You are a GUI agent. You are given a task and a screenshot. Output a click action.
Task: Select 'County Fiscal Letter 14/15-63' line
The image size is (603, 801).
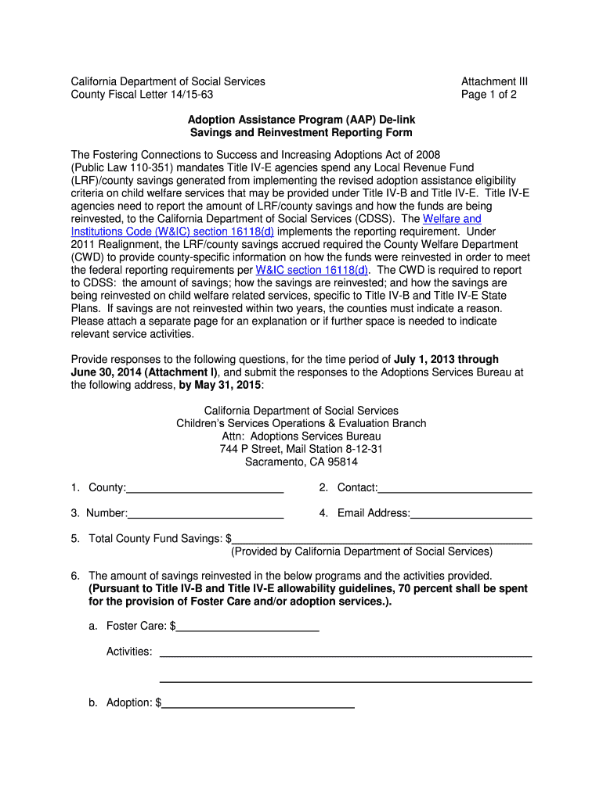coord(142,95)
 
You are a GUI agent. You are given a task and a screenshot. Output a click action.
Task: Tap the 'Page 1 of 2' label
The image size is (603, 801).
coord(489,95)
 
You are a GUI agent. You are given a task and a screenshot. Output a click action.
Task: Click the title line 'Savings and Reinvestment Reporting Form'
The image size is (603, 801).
coord(301,133)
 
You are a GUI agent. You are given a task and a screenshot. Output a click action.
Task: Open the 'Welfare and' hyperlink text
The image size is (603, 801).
coord(452,219)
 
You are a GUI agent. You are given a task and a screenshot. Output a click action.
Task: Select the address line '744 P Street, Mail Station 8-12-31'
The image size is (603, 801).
coord(301,449)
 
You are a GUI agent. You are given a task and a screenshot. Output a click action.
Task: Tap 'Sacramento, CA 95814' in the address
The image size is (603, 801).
coord(301,462)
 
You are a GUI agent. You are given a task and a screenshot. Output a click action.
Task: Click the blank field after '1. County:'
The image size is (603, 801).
coord(205,489)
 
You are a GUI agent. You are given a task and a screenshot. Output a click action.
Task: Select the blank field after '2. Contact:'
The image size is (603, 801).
coord(455,489)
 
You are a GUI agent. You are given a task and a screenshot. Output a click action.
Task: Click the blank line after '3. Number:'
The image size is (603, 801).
coord(206,514)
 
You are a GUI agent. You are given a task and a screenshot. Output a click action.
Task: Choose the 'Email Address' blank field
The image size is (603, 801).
coord(471,514)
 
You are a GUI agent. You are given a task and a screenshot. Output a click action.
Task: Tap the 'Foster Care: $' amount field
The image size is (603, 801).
coord(247,627)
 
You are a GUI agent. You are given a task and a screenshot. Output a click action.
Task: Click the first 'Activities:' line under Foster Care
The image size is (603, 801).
coord(345,652)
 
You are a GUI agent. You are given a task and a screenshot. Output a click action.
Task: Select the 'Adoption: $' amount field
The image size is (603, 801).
coord(258,703)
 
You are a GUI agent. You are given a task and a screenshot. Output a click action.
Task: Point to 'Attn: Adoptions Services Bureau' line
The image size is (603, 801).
coord(301,436)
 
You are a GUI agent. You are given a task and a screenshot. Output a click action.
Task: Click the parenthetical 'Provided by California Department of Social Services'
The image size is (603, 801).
coord(362,551)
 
